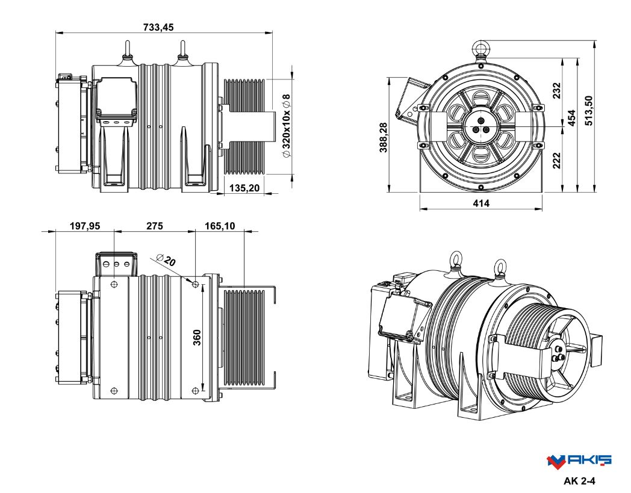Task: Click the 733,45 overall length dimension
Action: (x=158, y=27)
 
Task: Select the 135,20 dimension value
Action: (x=244, y=188)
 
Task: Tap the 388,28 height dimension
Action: (x=384, y=137)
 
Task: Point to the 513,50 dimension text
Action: (x=588, y=110)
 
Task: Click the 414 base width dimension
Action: (x=481, y=203)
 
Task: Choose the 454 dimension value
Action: (x=571, y=117)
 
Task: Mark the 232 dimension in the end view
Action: (x=556, y=91)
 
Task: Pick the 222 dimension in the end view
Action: (x=556, y=160)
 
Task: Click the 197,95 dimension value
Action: (x=85, y=226)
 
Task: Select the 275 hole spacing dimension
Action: (x=155, y=226)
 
